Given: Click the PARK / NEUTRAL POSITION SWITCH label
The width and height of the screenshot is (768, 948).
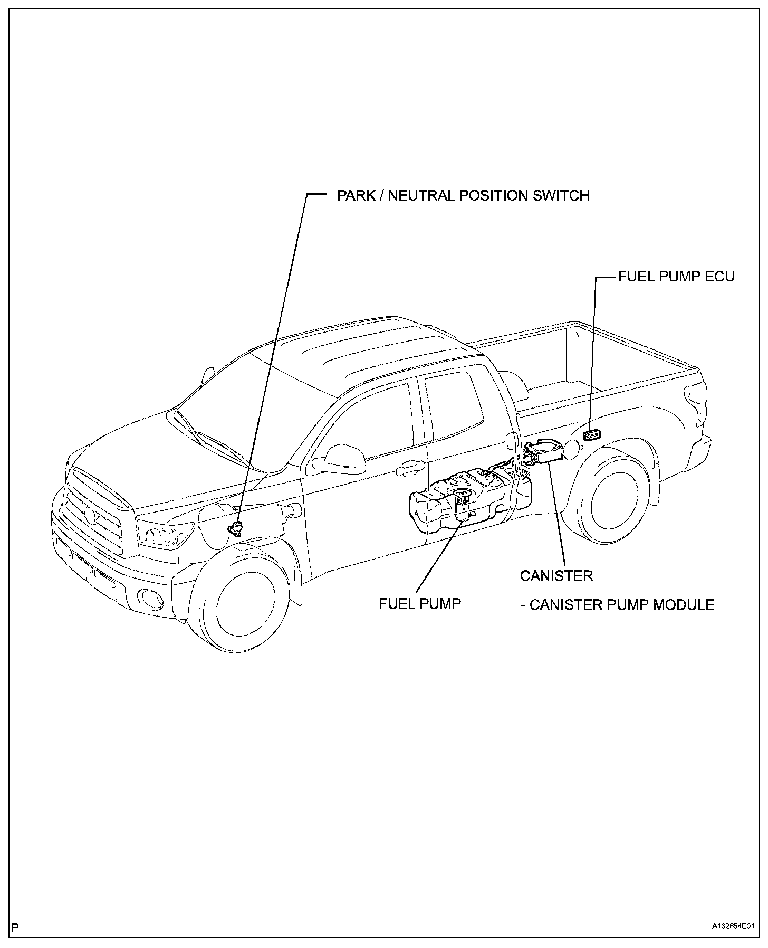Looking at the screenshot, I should (463, 196).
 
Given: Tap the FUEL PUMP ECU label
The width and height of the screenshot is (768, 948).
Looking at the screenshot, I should (676, 276).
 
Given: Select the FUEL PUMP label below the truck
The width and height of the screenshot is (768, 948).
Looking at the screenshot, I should (420, 603).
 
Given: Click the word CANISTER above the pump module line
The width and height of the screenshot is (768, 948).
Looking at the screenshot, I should (556, 575).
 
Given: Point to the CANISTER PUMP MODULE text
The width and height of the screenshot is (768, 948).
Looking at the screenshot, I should (621, 604).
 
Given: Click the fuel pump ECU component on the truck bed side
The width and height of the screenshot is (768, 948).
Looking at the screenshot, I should (592, 434).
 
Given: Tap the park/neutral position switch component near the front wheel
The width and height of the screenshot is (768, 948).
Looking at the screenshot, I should (235, 528).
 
